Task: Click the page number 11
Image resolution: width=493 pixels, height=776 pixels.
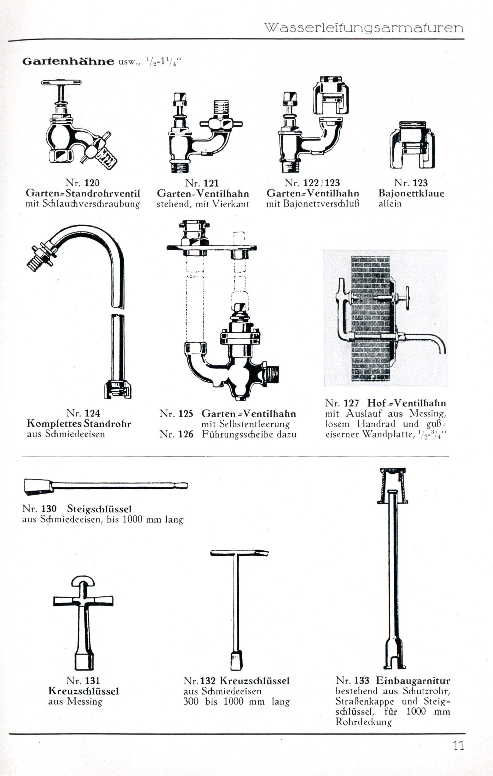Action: (458, 746)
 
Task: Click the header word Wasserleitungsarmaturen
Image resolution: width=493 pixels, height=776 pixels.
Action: (364, 28)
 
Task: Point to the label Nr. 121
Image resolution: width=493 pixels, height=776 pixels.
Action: (202, 183)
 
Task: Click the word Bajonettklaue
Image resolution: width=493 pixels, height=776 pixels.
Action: (411, 193)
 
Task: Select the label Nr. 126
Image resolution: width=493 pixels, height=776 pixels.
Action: (176, 434)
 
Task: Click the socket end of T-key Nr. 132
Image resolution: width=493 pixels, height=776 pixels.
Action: (237, 661)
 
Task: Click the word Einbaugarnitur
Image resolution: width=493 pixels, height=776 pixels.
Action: (413, 681)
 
